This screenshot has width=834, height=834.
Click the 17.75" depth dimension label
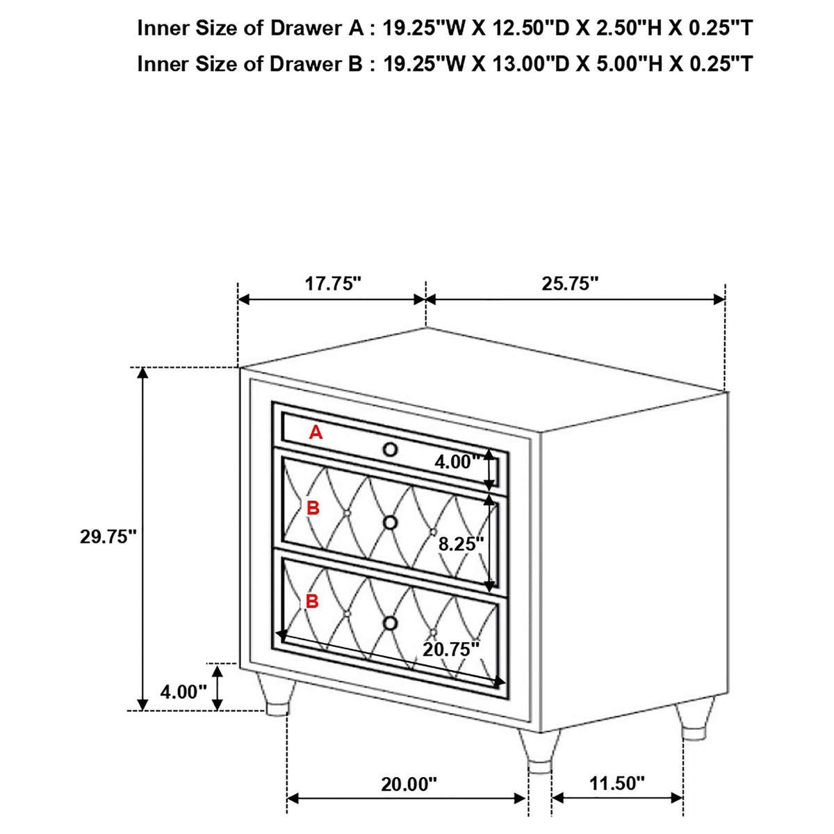(333, 284)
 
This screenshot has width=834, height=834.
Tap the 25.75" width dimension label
(570, 284)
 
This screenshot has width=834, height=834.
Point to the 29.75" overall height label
(108, 537)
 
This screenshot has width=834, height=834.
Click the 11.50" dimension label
(616, 759)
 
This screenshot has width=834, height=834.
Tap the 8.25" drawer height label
(461, 543)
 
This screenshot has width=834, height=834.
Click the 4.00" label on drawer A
(458, 462)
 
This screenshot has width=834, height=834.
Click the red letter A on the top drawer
(316, 432)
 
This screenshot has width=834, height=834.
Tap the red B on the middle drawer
(313, 508)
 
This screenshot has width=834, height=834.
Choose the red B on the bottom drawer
(312, 601)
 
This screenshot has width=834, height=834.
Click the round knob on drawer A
(391, 449)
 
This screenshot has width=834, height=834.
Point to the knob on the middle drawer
(391, 523)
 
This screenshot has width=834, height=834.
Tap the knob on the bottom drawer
(391, 623)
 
